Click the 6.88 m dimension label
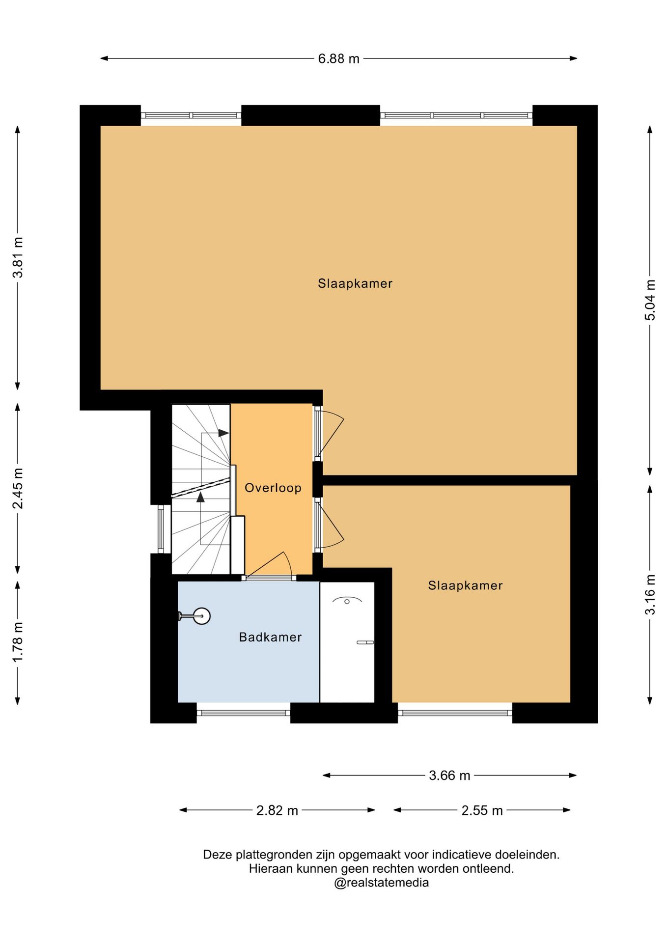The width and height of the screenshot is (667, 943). pos(338,59)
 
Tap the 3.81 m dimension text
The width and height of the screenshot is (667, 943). pos(18,257)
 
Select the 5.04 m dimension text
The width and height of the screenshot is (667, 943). pos(650,300)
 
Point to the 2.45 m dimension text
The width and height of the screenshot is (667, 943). pos(18,488)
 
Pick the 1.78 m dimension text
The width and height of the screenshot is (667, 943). pos(18,641)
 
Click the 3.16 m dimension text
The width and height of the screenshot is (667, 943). pos(650,594)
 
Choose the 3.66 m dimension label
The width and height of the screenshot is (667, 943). pos(449,776)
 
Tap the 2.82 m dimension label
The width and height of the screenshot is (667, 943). pos(277,810)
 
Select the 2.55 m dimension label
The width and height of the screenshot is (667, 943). pos(482,810)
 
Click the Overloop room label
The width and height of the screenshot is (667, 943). pos(273,488)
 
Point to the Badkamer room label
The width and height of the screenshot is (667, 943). pos(270,637)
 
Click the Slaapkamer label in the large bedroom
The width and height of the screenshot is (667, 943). pos(355,284)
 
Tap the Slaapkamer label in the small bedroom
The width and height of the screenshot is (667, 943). pos(465,585)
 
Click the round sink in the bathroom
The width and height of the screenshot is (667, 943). pos(201,616)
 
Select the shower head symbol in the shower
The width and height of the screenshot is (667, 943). pos(347,600)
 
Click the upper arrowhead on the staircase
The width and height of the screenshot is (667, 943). pos(223,433)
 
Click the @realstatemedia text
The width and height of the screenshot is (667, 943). pos(381,883)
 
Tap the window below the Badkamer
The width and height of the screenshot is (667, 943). pos(243,713)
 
